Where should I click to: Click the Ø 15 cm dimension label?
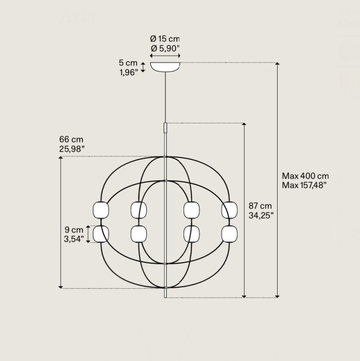[x=165, y=39]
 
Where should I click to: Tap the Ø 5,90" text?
[x=165, y=48]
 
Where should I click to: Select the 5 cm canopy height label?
[x=128, y=62]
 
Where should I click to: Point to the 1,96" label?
[x=129, y=72]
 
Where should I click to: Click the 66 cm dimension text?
[x=71, y=139]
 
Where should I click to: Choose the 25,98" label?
[x=72, y=149]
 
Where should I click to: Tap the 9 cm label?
[x=74, y=229]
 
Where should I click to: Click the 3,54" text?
[x=74, y=239]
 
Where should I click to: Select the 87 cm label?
[x=260, y=206]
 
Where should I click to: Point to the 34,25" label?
[x=261, y=215]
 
